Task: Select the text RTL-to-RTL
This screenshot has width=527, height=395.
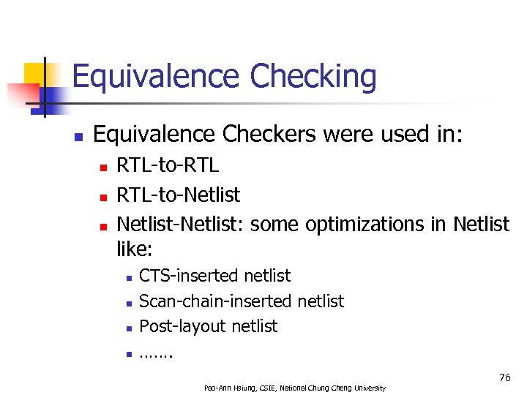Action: (168, 166)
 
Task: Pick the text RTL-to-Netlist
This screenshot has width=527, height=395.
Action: (179, 195)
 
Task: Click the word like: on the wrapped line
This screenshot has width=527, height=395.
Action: (134, 249)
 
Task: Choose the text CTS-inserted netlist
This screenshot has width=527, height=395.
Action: (214, 276)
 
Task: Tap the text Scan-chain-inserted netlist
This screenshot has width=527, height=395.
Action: (241, 301)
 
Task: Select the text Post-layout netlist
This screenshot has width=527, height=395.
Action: (208, 326)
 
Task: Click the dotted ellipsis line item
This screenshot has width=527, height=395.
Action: (155, 353)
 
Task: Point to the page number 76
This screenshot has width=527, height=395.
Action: (504, 377)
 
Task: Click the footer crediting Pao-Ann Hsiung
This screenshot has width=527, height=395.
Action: (294, 387)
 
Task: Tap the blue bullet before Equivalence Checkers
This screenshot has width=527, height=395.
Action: (78, 136)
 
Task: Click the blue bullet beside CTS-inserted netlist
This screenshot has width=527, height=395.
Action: (127, 278)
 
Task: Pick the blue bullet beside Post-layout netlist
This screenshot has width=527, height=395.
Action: (127, 328)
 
